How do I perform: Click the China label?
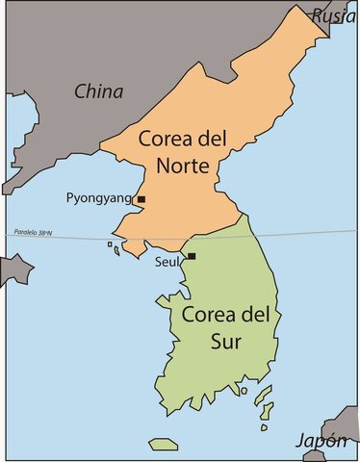(x=99, y=92)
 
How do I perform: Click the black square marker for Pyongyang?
(x=141, y=199)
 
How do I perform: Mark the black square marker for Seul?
(x=192, y=256)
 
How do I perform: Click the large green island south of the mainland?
(x=164, y=444)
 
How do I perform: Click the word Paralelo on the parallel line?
(x=21, y=232)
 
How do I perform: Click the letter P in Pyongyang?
(x=70, y=198)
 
